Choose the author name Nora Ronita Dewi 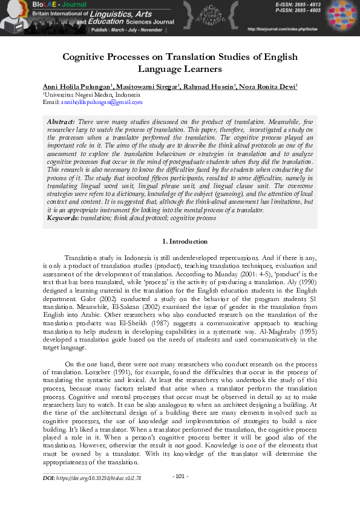tap(267, 87)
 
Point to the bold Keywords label tap(63, 216)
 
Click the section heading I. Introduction tap(180, 241)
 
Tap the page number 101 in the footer tap(180, 476)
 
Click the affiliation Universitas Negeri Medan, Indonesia tap(91, 96)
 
